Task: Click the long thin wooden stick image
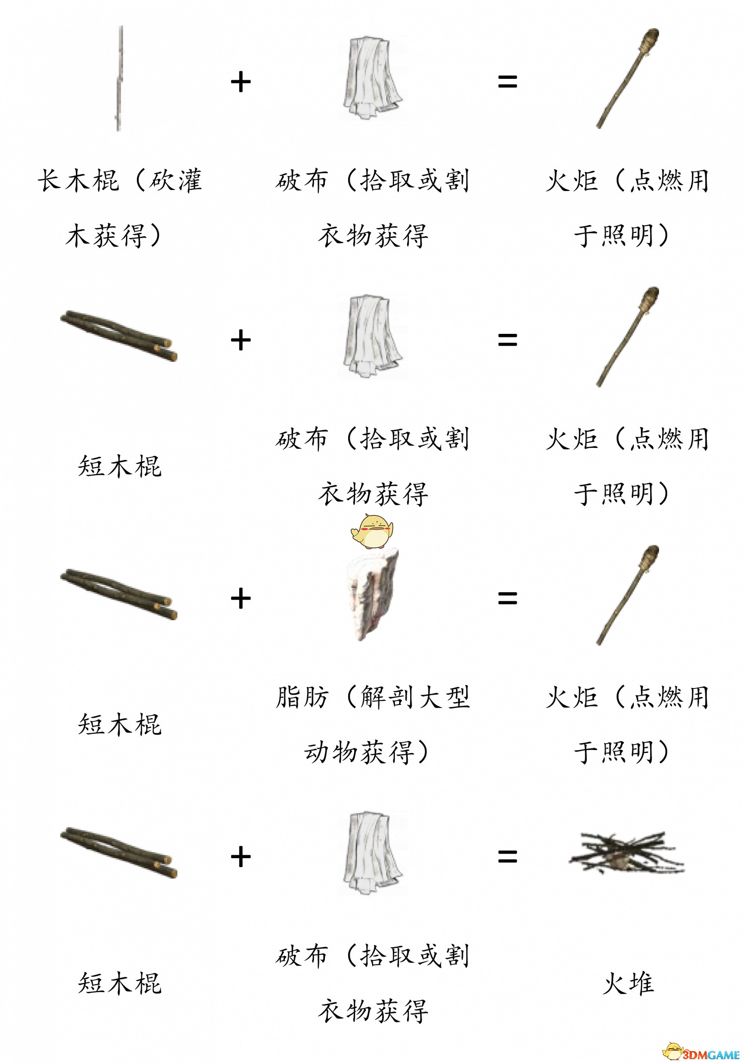120,78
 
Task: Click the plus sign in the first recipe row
241,82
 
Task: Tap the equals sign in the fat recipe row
507,599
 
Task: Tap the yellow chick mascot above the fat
372,531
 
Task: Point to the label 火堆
628,983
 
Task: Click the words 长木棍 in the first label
78,180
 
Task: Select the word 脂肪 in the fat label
302,697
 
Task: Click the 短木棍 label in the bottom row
120,983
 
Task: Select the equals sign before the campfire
507,857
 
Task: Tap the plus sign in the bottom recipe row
241,857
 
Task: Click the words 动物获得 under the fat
359,752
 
